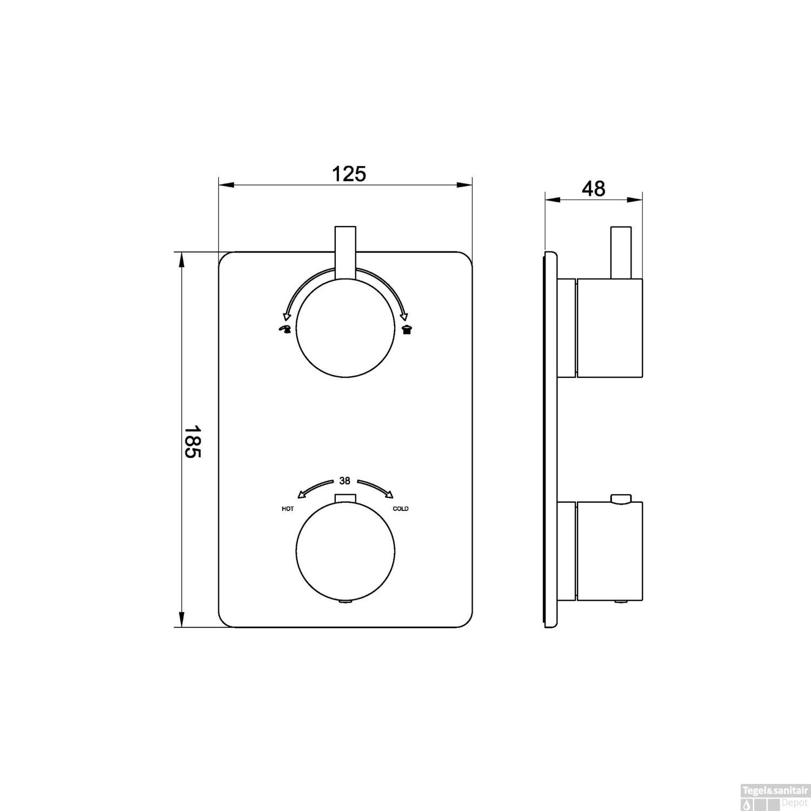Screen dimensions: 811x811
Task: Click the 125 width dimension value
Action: pyautogui.click(x=348, y=174)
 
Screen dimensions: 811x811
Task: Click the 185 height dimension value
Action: pyautogui.click(x=192, y=441)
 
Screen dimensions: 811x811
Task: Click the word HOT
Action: pyautogui.click(x=288, y=509)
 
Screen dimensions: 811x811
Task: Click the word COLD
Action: pyautogui.click(x=401, y=509)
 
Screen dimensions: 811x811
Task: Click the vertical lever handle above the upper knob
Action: pyautogui.click(x=345, y=253)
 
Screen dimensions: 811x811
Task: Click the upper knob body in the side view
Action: pyautogui.click(x=610, y=328)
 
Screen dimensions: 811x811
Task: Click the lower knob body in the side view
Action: pyautogui.click(x=610, y=551)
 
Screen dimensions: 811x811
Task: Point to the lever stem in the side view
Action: pyautogui.click(x=621, y=252)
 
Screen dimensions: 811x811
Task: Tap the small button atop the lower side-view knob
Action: pyautogui.click(x=621, y=498)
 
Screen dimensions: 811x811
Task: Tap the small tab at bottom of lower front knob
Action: pyautogui.click(x=344, y=601)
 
